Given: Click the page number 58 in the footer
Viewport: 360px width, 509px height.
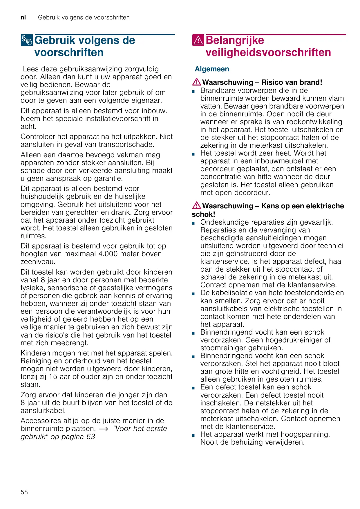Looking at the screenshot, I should point(24,492).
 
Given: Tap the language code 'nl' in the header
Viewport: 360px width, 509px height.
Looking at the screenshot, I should point(23,17).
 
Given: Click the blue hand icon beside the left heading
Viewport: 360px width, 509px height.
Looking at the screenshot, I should point(27,40).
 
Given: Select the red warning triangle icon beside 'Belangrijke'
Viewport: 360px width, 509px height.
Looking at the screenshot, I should point(198,40).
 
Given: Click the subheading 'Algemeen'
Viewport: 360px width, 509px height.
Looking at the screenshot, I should point(212,69).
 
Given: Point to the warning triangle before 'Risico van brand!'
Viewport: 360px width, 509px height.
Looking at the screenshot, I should point(196,82).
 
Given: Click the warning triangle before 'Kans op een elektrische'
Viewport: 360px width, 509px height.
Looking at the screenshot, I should point(196,206).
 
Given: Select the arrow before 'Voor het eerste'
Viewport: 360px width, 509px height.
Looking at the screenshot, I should point(103,429).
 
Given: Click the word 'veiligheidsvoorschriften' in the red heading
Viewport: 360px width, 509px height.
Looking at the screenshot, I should point(268,53).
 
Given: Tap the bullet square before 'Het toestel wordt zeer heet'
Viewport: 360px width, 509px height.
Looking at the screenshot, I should point(193,154).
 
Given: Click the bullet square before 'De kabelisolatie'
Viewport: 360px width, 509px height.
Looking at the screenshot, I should point(193,294).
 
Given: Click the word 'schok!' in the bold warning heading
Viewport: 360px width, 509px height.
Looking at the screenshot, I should point(203,214).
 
